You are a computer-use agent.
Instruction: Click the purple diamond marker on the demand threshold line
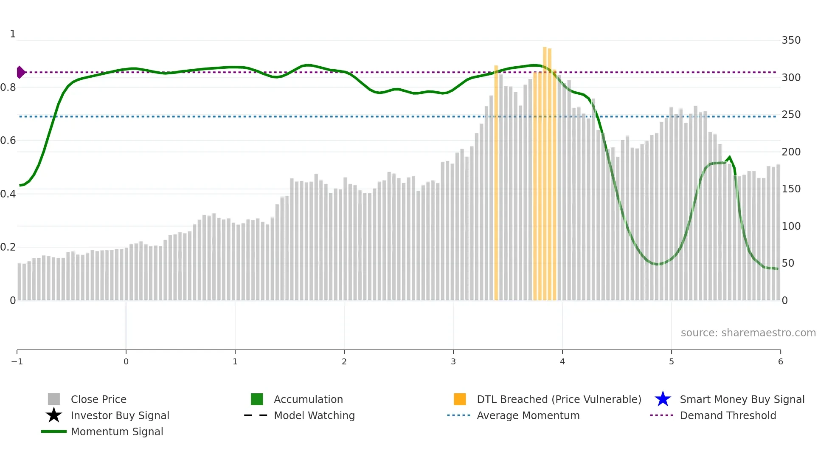(20, 72)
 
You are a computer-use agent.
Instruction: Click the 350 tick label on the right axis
(791, 40)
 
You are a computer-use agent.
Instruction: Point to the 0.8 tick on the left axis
(8, 87)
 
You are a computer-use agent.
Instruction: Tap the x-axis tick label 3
(453, 361)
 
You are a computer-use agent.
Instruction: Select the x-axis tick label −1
(17, 361)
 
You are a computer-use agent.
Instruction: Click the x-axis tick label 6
(780, 361)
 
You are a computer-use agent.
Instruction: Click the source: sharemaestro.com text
(748, 333)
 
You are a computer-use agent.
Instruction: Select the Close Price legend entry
(98, 399)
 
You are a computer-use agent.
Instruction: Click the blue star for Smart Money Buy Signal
(663, 399)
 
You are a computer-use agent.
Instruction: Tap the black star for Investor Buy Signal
(54, 415)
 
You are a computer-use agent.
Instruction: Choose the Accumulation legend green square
(257, 399)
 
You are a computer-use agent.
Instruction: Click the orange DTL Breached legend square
(460, 399)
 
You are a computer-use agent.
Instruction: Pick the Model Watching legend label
(314, 415)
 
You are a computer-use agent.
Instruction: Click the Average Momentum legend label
(528, 415)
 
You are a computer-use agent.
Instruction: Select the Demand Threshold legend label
(728, 415)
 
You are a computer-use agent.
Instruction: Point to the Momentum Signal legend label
(117, 431)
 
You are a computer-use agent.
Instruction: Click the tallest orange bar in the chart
(545, 170)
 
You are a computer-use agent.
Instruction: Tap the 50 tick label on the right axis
(788, 263)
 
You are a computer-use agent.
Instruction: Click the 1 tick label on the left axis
(13, 34)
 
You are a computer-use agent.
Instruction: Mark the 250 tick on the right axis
(791, 115)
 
